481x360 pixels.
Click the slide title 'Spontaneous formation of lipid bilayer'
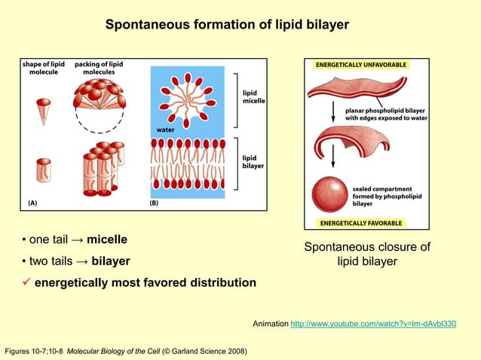[x=227, y=25]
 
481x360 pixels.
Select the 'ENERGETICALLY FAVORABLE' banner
[x=362, y=223]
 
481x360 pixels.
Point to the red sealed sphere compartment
[x=330, y=192]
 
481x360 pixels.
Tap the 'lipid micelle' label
[x=253, y=96]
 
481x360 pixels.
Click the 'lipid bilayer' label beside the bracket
[x=253, y=162]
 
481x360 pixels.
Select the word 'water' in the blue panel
[x=165, y=130]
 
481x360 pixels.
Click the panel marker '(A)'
[x=33, y=203]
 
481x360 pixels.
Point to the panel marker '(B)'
[x=155, y=203]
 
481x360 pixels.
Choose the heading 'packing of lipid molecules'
[x=99, y=68]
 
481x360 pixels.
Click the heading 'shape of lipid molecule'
[x=44, y=68]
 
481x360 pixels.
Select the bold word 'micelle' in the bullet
[x=107, y=239]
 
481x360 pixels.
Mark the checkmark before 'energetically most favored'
[x=25, y=282]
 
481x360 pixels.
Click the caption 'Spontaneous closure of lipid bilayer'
[x=366, y=254]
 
